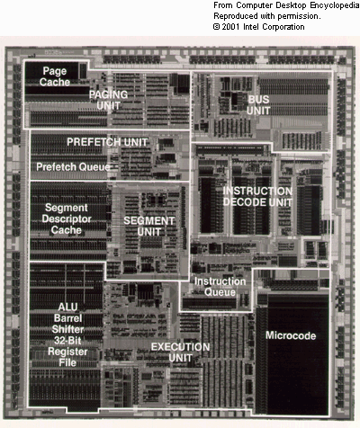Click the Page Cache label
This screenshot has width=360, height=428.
55,76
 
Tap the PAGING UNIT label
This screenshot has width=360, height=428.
108,100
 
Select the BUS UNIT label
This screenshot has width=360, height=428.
258,105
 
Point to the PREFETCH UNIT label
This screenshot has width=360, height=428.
107,142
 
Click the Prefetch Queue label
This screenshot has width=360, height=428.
73,166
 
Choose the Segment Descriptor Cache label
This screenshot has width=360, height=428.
67,218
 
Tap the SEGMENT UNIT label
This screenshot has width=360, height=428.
149,227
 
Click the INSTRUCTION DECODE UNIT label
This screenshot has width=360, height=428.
257,197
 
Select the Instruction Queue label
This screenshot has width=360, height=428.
220,287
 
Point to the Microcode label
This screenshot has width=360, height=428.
291,335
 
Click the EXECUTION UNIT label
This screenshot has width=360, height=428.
180,352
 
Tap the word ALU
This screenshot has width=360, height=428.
67,307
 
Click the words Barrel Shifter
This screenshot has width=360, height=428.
67,324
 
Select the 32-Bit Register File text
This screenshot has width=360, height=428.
67,352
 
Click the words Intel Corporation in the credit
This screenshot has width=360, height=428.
274,27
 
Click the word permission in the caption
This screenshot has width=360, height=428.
299,16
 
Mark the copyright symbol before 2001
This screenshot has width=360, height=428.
217,27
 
